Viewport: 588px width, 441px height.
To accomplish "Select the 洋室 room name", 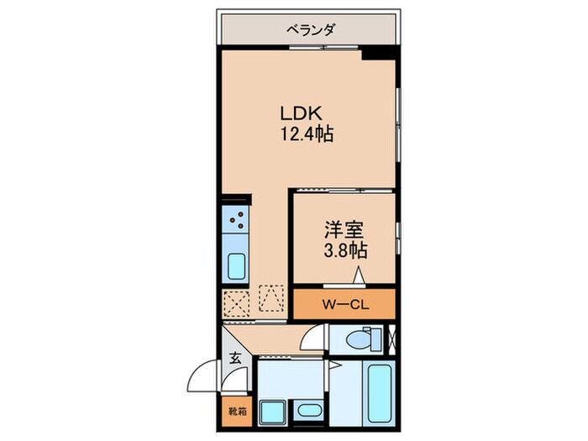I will coord(344,228).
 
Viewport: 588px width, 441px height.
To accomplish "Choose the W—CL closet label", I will coord(344,303).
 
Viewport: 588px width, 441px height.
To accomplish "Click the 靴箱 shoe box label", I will coord(237,412).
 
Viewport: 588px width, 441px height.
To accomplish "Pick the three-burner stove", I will coord(237,221).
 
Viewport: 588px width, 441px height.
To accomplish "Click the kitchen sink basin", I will coord(237,267).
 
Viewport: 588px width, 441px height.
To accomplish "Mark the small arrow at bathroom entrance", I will coord(333,365).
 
